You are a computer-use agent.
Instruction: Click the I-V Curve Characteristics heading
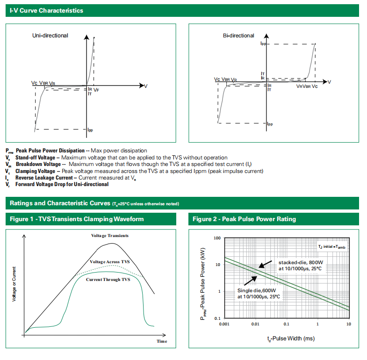tap(46, 10)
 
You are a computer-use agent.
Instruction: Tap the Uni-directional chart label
tap(50, 36)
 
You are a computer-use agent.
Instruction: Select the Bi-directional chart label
tap(238, 36)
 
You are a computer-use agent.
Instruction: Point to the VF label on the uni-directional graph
tap(96, 89)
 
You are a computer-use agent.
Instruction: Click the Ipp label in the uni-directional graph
tap(90, 130)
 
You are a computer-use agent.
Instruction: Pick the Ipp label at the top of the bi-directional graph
tap(263, 43)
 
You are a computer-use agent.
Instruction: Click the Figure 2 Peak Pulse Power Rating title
tap(244, 219)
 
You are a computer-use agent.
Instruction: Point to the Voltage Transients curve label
tap(109, 236)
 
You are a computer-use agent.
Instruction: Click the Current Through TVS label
tap(108, 280)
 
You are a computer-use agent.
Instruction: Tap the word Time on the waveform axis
tap(162, 341)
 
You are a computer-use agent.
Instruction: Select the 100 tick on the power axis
tap(217, 238)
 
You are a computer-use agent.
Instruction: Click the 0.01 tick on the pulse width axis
tap(255, 324)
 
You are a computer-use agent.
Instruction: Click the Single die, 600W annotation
tap(258, 293)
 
